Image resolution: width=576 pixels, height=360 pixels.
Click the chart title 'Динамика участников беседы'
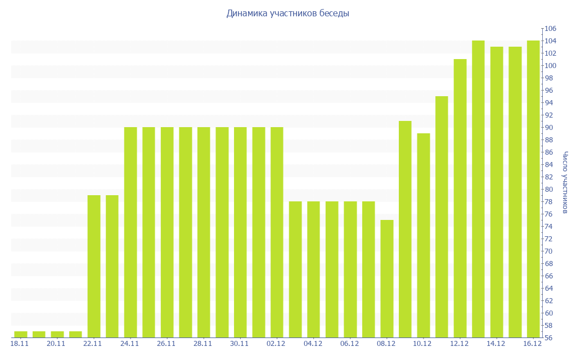[288, 13]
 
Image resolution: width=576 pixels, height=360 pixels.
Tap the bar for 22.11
[94, 266]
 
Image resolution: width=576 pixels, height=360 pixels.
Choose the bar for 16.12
[533, 189]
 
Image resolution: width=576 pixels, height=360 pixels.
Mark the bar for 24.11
[130, 232]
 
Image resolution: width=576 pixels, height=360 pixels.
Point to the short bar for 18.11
[21, 335]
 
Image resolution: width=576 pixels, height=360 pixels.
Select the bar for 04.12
[313, 269]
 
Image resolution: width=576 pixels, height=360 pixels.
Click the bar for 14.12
[497, 192]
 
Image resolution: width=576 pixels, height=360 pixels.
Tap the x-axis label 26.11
[166, 344]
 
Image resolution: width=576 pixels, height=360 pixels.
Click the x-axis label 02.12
[276, 344]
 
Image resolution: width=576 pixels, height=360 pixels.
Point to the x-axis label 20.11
[56, 344]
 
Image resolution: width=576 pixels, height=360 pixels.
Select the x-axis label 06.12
[349, 344]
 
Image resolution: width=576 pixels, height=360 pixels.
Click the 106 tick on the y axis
[550, 29]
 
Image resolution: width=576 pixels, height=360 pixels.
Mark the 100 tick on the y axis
[550, 66]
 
